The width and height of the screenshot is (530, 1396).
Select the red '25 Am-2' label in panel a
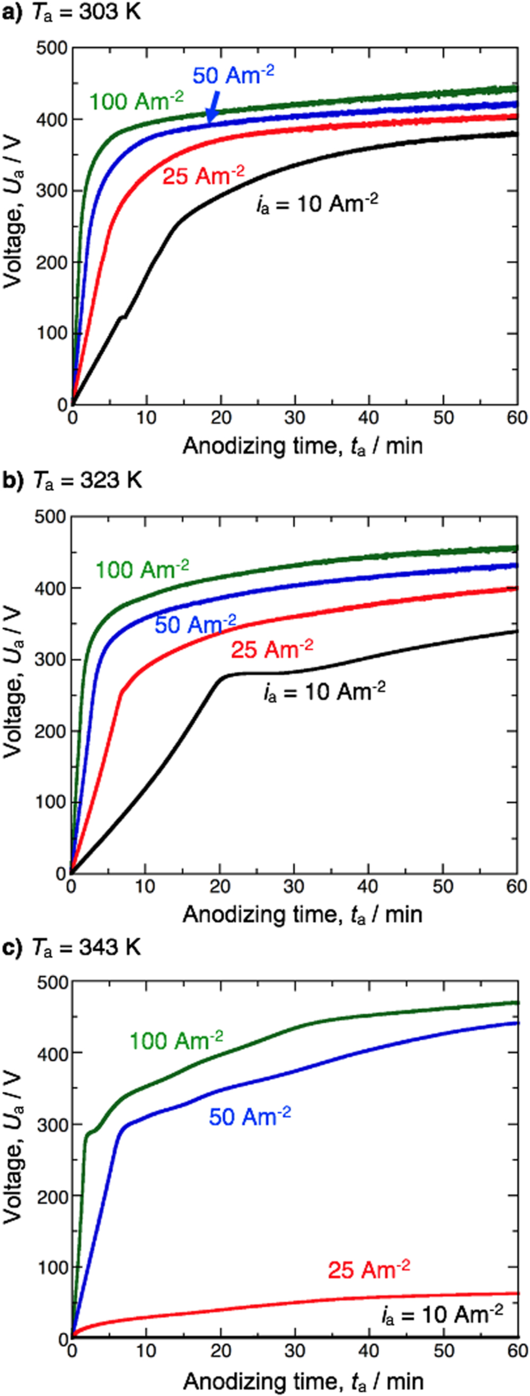[x=203, y=175]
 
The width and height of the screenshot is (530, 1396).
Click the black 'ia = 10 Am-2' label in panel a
[x=317, y=204]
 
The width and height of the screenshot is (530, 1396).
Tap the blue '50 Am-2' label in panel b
[x=195, y=624]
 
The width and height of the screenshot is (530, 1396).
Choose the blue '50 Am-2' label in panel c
[x=250, y=1116]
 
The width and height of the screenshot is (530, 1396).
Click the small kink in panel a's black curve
[x=123, y=316]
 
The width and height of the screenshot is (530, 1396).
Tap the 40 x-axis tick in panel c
[x=369, y=1350]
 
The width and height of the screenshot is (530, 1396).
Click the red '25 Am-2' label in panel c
[x=368, y=1270]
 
